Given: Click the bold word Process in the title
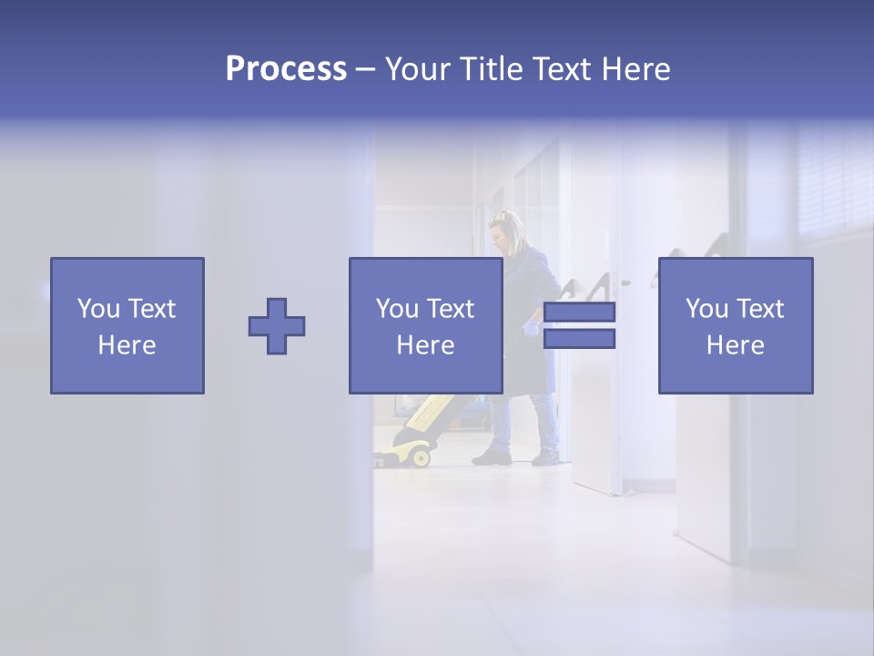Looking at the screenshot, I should click(x=286, y=69).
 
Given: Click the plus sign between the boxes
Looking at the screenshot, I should click(x=277, y=326).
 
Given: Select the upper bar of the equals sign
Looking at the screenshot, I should click(x=579, y=313).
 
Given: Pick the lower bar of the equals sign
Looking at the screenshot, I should click(x=579, y=339).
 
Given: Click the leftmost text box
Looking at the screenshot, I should click(x=127, y=325).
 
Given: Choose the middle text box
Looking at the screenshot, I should click(x=425, y=325).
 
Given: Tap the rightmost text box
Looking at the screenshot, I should click(x=735, y=325).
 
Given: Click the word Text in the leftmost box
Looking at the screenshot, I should click(x=152, y=309).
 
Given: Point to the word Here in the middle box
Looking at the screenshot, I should click(x=425, y=345).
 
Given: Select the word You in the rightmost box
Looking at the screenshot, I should click(x=706, y=309).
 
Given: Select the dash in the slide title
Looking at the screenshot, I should click(x=366, y=70).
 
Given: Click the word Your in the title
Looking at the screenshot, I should click(x=418, y=69).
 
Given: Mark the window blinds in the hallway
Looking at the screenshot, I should click(x=833, y=182).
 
